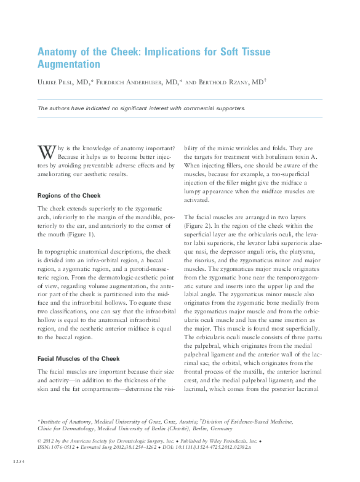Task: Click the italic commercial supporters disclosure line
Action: click(x=142, y=108)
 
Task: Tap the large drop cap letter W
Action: click(x=46, y=151)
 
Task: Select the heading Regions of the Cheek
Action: click(x=69, y=196)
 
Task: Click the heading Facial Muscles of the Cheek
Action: click(x=78, y=359)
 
